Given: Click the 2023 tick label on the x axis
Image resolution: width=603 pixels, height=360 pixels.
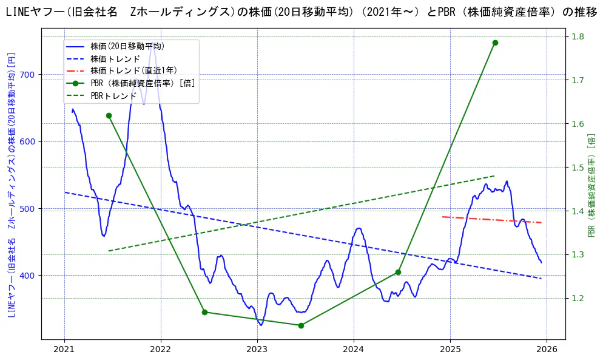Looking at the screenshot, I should [x=257, y=349].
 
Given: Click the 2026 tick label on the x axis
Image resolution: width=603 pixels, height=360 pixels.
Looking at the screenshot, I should [x=547, y=349].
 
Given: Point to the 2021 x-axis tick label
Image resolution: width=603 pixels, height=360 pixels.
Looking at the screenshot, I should [x=64, y=349].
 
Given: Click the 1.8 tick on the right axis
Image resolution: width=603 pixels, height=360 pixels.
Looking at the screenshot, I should [x=578, y=36].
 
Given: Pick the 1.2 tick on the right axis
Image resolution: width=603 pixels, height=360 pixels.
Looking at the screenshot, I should [x=578, y=298].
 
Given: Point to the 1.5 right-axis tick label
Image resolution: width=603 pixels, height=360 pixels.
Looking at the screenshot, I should [x=578, y=168].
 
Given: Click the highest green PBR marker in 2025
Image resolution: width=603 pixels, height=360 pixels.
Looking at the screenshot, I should [x=495, y=42].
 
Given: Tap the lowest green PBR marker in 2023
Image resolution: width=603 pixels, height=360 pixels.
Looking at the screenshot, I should [x=301, y=325].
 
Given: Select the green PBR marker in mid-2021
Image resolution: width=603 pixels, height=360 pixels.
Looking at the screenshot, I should [x=109, y=115].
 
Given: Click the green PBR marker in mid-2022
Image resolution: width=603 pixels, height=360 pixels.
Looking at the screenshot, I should [x=204, y=312].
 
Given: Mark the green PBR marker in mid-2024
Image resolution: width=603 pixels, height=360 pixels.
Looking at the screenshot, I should [x=398, y=272].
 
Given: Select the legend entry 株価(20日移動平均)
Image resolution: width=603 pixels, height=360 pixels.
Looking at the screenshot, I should [x=127, y=46].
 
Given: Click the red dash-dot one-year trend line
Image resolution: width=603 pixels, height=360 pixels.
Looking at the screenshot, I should [x=491, y=220].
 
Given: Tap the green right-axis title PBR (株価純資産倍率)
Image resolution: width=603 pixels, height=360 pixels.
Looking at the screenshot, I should [x=591, y=185].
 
